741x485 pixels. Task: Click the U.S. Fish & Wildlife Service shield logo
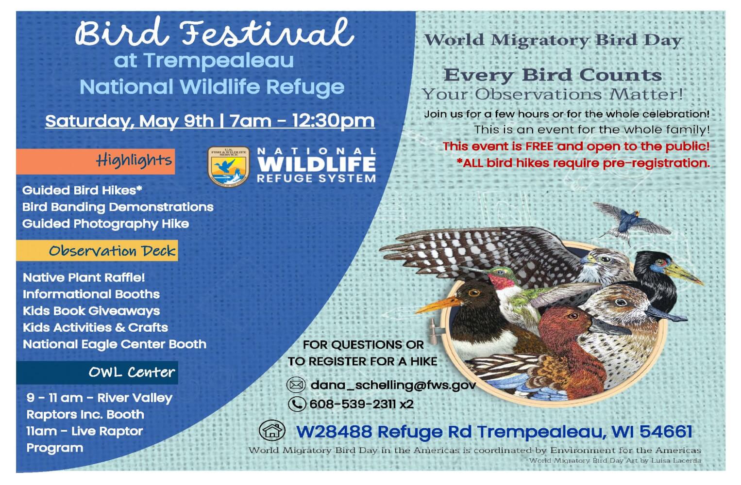click(228, 166)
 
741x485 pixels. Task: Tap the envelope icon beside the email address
click(296, 385)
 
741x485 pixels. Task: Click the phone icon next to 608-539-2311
click(297, 404)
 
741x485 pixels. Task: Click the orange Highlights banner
click(96, 161)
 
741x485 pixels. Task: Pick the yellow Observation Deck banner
click(97, 251)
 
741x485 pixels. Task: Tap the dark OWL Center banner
click(97, 372)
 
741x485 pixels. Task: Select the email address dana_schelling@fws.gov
click(393, 385)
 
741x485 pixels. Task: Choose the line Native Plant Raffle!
click(84, 277)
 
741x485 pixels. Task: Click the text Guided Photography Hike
click(105, 224)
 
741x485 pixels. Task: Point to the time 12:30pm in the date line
click(333, 121)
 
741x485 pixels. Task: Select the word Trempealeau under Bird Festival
click(219, 61)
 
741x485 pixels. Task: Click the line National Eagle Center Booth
click(115, 344)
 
